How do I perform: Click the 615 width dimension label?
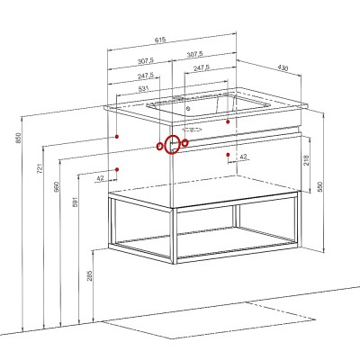click(160, 40)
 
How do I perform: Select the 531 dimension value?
click(144, 89)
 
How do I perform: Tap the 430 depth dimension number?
click(283, 68)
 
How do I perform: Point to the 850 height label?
click(19, 138)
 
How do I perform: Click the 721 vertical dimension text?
click(40, 168)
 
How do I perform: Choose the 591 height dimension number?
click(75, 202)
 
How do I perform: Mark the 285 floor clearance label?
click(90, 275)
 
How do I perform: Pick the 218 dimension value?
click(306, 160)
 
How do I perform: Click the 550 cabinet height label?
click(319, 186)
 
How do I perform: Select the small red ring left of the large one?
click(160, 146)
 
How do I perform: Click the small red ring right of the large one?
click(185, 143)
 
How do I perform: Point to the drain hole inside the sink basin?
click(188, 108)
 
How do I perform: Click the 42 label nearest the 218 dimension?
click(243, 157)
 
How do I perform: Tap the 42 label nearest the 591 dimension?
click(100, 178)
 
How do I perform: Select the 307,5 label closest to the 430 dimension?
click(194, 55)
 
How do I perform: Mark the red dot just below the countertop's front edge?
click(228, 121)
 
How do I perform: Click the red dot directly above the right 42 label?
click(228, 155)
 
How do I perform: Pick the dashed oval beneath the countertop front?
click(192, 130)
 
